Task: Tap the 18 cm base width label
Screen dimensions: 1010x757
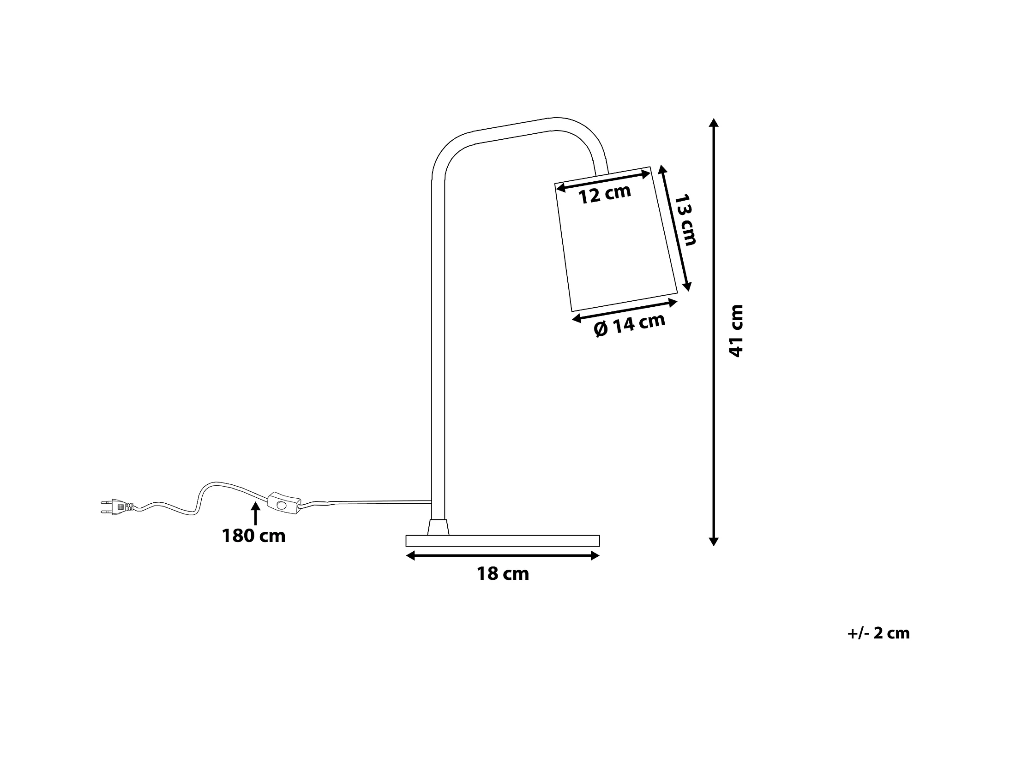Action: (503, 574)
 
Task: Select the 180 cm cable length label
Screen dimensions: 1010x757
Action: (254, 536)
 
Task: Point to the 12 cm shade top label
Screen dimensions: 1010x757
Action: (605, 194)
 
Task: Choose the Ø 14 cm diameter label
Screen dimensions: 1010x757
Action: (630, 325)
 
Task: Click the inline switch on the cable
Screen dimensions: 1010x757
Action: (283, 503)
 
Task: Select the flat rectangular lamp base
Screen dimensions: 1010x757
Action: (502, 541)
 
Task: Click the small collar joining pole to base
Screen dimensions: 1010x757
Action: (438, 527)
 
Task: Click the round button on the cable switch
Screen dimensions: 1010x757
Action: (281, 505)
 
